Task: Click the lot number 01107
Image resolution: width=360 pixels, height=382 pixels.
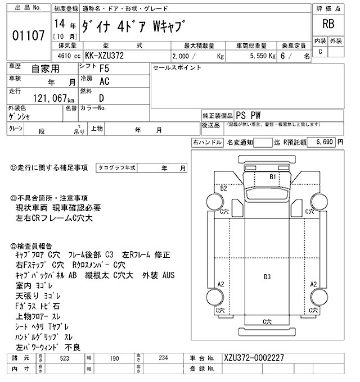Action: click(x=28, y=37)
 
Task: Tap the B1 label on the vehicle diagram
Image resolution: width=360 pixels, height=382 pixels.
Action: click(x=273, y=176)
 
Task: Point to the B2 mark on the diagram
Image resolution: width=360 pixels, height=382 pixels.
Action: click(x=224, y=188)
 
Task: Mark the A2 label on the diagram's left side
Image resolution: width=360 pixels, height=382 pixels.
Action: click(x=221, y=283)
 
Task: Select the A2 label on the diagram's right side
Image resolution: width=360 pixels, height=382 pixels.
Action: click(x=315, y=283)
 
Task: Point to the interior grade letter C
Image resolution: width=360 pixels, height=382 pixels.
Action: click(x=321, y=52)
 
